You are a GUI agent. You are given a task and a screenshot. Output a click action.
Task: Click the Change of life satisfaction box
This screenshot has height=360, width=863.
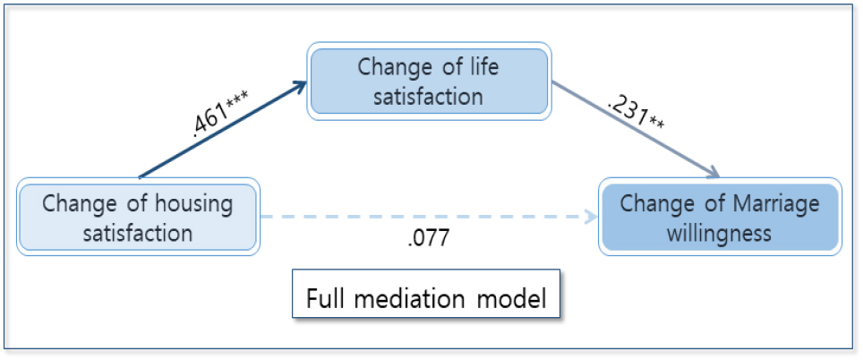(428, 81)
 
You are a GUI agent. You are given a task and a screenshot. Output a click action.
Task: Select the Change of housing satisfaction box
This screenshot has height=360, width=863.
(137, 218)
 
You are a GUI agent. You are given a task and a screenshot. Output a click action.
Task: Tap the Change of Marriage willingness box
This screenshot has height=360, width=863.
(720, 218)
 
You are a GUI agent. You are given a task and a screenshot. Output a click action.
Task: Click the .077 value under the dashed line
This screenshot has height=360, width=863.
(427, 241)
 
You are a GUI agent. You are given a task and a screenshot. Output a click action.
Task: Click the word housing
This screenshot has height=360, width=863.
(190, 203)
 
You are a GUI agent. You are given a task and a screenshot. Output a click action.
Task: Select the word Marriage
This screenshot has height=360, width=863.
(772, 203)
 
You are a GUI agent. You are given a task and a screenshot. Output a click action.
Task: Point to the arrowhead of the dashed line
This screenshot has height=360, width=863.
(590, 217)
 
